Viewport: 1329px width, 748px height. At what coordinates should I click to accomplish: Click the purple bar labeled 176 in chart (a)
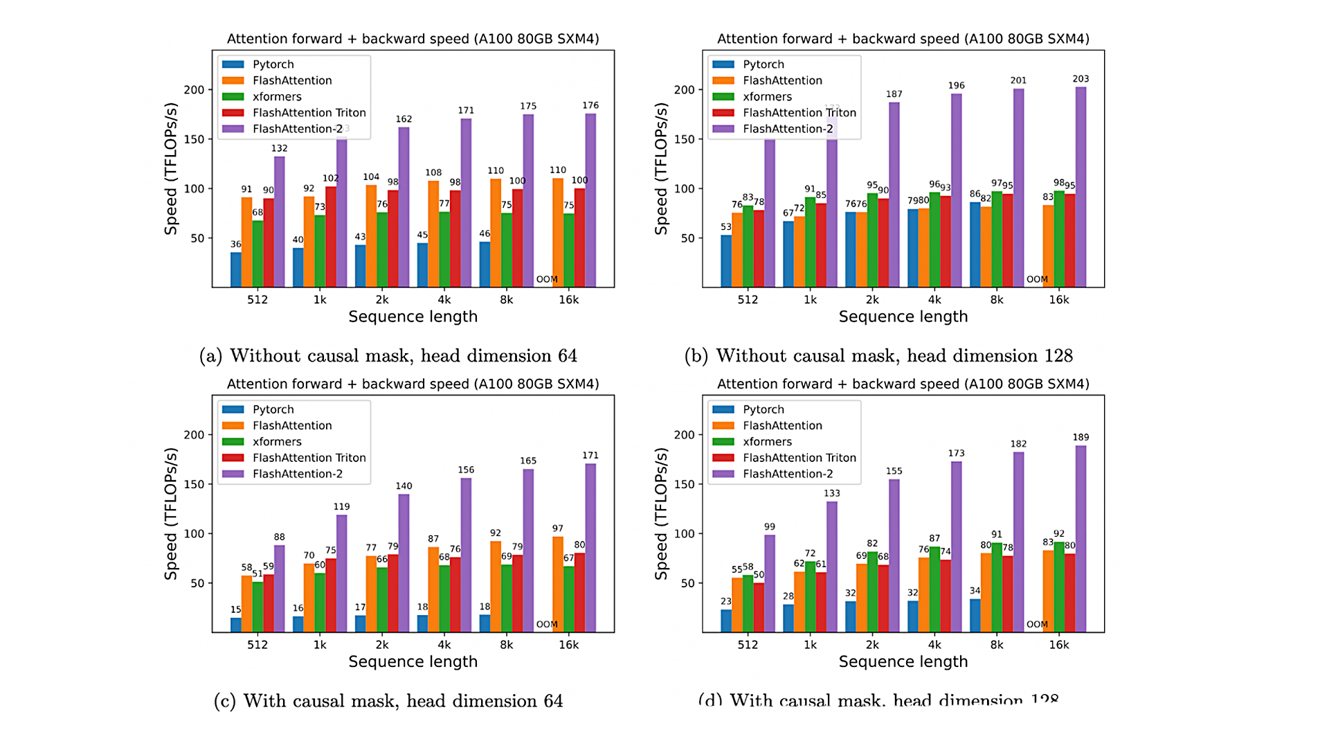[590, 201]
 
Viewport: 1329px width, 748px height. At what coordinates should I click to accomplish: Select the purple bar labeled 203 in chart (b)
[1081, 187]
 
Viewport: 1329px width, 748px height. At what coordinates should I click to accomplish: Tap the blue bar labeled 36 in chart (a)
[236, 270]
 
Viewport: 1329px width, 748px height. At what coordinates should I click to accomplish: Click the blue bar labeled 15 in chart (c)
[236, 625]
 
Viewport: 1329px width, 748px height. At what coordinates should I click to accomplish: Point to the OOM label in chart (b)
[1037, 279]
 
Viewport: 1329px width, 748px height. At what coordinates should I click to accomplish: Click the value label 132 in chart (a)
[279, 148]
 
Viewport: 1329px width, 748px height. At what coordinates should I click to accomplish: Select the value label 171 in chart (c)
[590, 455]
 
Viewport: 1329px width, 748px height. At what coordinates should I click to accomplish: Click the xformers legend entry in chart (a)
[277, 96]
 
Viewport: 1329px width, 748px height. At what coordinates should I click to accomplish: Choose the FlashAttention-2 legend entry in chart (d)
[788, 474]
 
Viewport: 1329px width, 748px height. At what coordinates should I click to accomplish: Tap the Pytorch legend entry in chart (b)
[763, 64]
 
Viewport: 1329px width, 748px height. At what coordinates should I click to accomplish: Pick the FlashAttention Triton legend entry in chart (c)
[309, 458]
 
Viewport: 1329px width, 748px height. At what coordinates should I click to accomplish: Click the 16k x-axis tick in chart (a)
[569, 299]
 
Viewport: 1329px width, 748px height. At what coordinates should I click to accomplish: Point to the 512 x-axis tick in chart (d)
[748, 645]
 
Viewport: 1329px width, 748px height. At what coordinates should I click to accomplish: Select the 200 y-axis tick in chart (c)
[194, 435]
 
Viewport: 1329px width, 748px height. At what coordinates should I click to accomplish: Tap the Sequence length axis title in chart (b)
[903, 317]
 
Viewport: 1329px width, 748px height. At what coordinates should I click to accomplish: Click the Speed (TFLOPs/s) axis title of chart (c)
[171, 513]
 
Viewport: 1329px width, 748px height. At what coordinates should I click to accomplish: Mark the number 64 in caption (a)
[567, 355]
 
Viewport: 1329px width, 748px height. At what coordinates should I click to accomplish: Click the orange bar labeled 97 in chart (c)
[558, 585]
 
